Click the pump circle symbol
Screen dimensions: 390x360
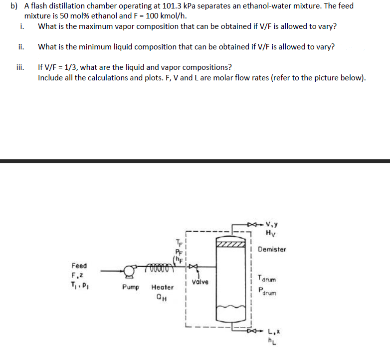(130, 272)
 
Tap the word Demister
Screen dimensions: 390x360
(272, 249)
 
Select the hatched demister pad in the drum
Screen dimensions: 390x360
(231, 244)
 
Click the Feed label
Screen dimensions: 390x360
(79, 266)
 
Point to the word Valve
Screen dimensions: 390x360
(199, 282)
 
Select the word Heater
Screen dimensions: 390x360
(163, 288)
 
